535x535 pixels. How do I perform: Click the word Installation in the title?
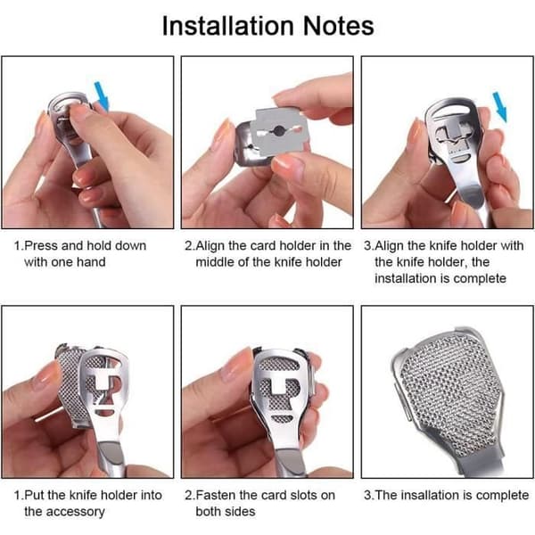pos(227,26)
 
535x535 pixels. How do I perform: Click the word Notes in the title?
pos(338,26)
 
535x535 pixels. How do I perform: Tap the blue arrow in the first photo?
pos(102,96)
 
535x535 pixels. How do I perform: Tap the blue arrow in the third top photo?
pos(500,107)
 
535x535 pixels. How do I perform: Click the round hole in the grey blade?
pos(279,130)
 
